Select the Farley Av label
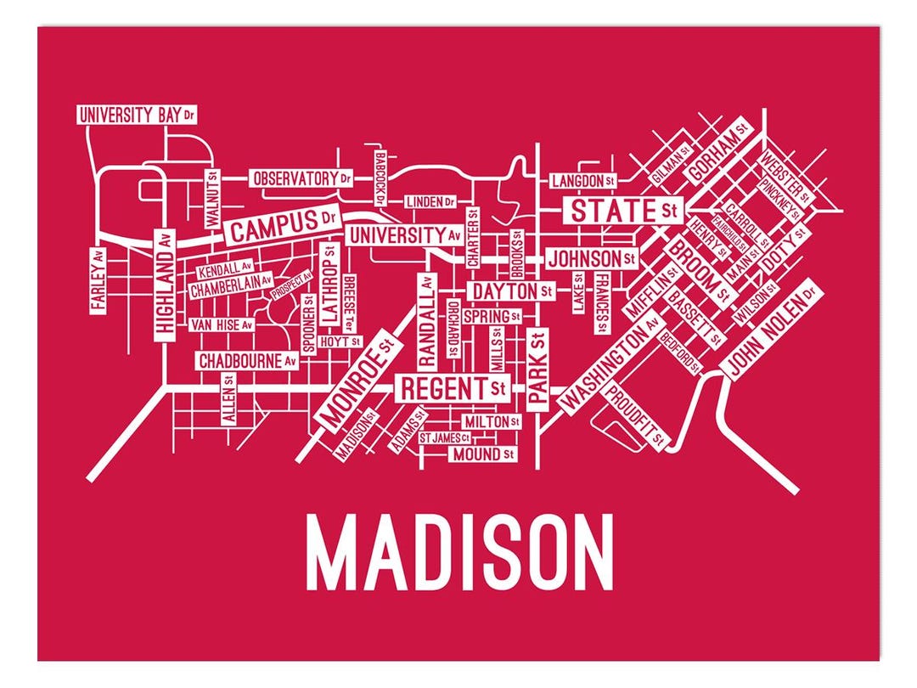pyautogui.click(x=98, y=279)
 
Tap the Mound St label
pyautogui.click(x=482, y=454)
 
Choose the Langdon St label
pyautogui.click(x=582, y=181)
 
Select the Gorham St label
pyautogui.click(x=717, y=149)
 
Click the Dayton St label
pyautogui.click(x=513, y=291)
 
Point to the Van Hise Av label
pyautogui.click(x=221, y=324)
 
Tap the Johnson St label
pyautogui.click(x=591, y=257)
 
